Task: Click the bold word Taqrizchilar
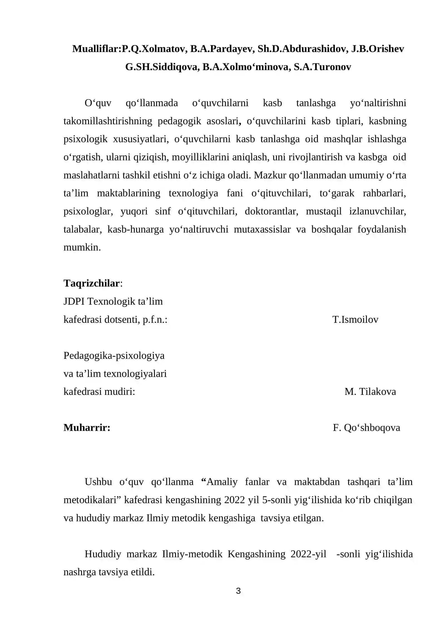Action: coord(92,283)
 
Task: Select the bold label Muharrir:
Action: coord(87,428)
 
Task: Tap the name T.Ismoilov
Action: coord(355,320)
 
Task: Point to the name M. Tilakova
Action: coord(370,392)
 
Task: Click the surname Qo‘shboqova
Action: coord(372,428)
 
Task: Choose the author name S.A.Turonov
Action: coord(322,67)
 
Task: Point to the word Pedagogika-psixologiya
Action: coord(114,355)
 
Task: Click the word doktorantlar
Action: coord(271,211)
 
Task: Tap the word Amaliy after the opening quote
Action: coord(222,482)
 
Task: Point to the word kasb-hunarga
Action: coord(135,229)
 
